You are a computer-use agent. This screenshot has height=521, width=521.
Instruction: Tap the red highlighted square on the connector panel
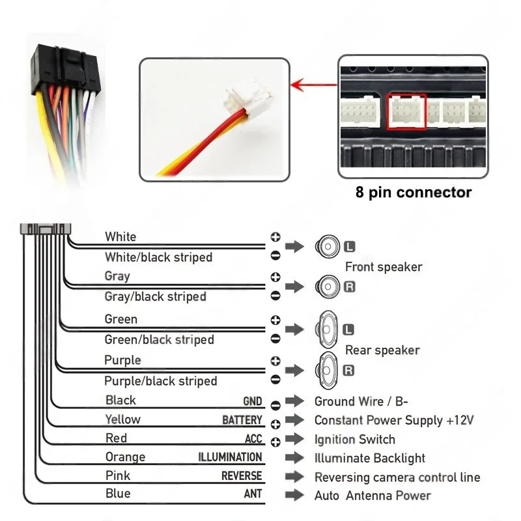(406, 111)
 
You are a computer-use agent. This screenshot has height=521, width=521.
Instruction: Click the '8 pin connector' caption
(414, 192)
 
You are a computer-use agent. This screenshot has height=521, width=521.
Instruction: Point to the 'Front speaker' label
(384, 266)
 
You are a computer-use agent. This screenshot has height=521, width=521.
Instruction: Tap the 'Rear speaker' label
(382, 350)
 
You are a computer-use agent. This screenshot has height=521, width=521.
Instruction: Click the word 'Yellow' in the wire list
(122, 419)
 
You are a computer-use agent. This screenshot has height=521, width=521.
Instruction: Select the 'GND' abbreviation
(253, 401)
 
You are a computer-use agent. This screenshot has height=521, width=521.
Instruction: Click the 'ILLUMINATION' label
(230, 457)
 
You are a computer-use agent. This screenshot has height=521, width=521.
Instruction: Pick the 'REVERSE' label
(242, 476)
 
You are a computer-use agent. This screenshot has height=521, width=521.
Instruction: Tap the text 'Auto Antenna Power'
(373, 496)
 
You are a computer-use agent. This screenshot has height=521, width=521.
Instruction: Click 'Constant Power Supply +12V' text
(394, 420)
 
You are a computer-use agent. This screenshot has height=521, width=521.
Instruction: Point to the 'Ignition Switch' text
(355, 439)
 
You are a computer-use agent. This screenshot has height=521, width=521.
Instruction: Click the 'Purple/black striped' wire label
(161, 381)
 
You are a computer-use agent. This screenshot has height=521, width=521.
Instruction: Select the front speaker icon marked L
(327, 246)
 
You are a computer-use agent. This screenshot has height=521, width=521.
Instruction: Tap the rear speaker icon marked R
(327, 370)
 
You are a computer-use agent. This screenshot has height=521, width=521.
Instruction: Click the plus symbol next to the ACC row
(275, 442)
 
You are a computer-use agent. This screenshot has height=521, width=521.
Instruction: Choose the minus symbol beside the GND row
(275, 405)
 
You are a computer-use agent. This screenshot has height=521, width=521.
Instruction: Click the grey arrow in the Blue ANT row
(294, 495)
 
